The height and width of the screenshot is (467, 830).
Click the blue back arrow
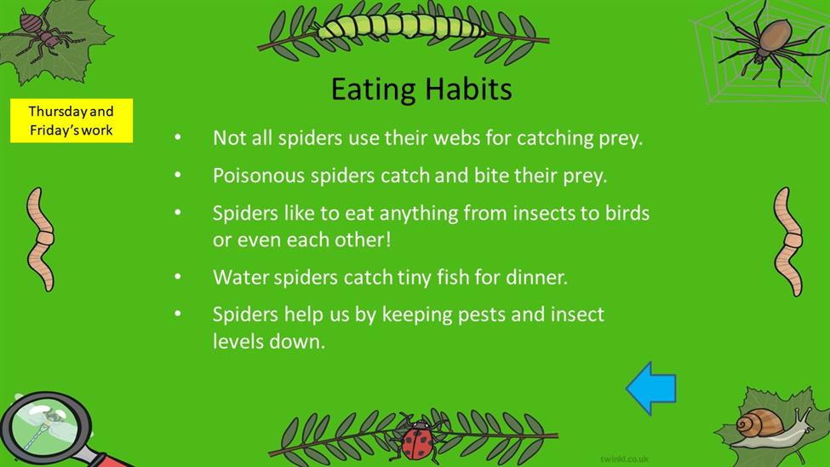click(651, 388)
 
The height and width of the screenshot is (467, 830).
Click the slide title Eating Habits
click(421, 89)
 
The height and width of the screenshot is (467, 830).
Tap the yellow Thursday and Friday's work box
click(72, 120)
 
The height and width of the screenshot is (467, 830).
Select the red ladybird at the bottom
click(418, 438)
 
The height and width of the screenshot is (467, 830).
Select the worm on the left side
click(41, 239)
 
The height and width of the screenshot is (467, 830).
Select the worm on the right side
click(788, 241)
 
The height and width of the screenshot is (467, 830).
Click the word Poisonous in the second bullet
click(259, 176)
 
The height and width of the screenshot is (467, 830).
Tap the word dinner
click(537, 277)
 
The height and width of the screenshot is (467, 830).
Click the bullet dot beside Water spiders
click(178, 276)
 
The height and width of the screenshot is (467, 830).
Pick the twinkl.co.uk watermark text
click(625, 459)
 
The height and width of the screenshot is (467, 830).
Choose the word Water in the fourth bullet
click(241, 277)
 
